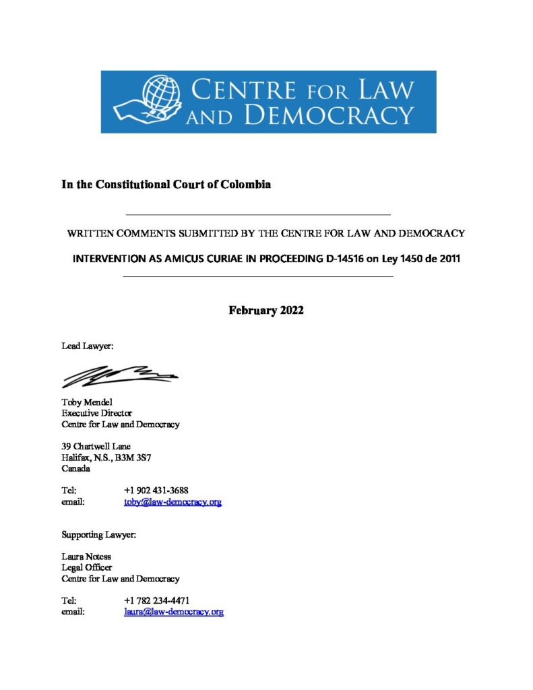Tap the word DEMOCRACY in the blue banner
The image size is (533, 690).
click(x=328, y=115)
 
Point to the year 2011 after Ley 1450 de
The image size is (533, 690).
click(x=447, y=259)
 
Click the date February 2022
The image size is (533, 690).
click(x=266, y=311)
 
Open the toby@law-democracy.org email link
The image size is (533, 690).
click(x=173, y=502)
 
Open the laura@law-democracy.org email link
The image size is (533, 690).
click(x=174, y=612)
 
